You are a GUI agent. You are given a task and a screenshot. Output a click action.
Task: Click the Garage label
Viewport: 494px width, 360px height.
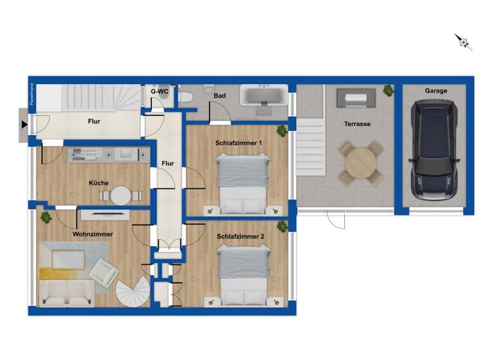tap(435, 91)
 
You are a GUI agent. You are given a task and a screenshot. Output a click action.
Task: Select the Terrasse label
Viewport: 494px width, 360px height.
tap(357, 124)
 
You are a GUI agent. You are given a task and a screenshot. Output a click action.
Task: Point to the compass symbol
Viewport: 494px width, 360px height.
tap(463, 42)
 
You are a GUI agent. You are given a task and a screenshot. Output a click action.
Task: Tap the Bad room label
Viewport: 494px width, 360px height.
tap(219, 96)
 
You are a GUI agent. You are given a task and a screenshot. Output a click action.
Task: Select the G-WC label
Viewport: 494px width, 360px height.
tap(160, 92)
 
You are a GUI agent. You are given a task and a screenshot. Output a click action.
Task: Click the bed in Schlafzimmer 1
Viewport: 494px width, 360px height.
tap(242, 183)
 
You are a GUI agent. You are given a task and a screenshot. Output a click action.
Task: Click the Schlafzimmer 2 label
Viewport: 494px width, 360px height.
tap(241, 236)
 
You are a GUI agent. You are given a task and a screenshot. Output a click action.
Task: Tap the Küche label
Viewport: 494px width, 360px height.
tap(98, 183)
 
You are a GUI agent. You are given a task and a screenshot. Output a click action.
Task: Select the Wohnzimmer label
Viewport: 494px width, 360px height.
tap(93, 234)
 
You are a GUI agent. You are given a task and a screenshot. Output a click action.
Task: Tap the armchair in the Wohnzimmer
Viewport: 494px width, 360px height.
tap(103, 272)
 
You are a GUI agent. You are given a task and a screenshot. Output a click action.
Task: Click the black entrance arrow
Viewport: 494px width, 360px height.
tap(24, 124)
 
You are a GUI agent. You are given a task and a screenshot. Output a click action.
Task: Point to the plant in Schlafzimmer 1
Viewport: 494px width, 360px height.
tap(282, 131)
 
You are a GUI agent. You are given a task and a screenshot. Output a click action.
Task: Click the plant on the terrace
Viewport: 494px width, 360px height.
tap(389, 91)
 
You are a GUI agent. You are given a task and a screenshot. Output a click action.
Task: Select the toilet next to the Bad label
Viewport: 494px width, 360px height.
tap(186, 97)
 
